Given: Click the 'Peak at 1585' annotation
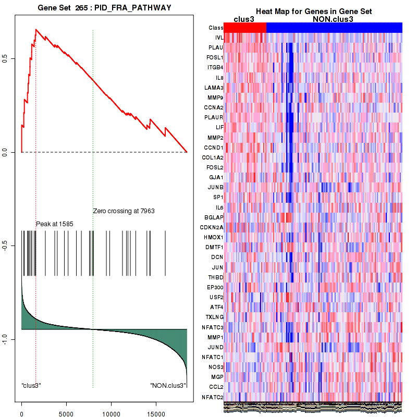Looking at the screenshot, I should (54, 224).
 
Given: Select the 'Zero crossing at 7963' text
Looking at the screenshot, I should (124, 211).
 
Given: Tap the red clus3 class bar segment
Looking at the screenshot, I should (244, 28).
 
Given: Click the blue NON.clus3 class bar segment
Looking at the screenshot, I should (334, 28).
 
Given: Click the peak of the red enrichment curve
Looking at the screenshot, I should (35, 29).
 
